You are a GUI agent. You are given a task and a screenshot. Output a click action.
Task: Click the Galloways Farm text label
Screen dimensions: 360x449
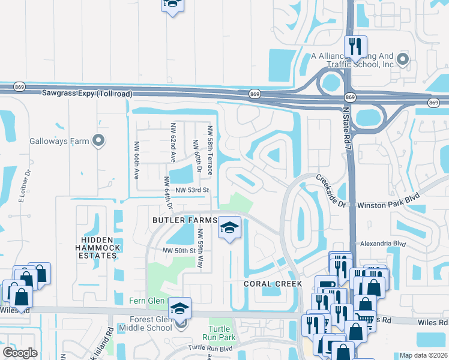pos(59,142)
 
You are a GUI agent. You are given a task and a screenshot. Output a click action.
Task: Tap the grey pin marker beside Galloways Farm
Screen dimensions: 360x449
pos(99,142)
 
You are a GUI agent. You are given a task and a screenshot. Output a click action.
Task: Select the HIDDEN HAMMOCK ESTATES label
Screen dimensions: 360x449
pos(98,247)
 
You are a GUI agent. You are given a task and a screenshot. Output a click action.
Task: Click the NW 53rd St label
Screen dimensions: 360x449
pos(191,190)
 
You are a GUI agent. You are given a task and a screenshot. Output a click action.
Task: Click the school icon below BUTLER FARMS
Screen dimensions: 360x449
pos(229,229)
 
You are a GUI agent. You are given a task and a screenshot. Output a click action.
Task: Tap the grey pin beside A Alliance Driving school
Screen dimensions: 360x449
pos(403,59)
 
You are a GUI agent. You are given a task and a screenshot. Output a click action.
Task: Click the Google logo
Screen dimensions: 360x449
pos(20,353)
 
